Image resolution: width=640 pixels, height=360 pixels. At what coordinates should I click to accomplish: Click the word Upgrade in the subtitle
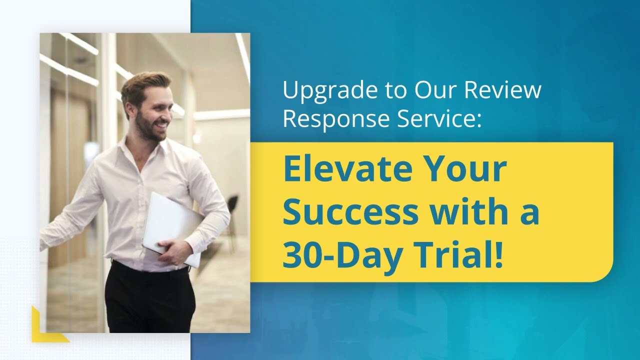click(320, 91)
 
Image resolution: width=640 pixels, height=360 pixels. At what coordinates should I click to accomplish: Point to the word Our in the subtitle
click(435, 90)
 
